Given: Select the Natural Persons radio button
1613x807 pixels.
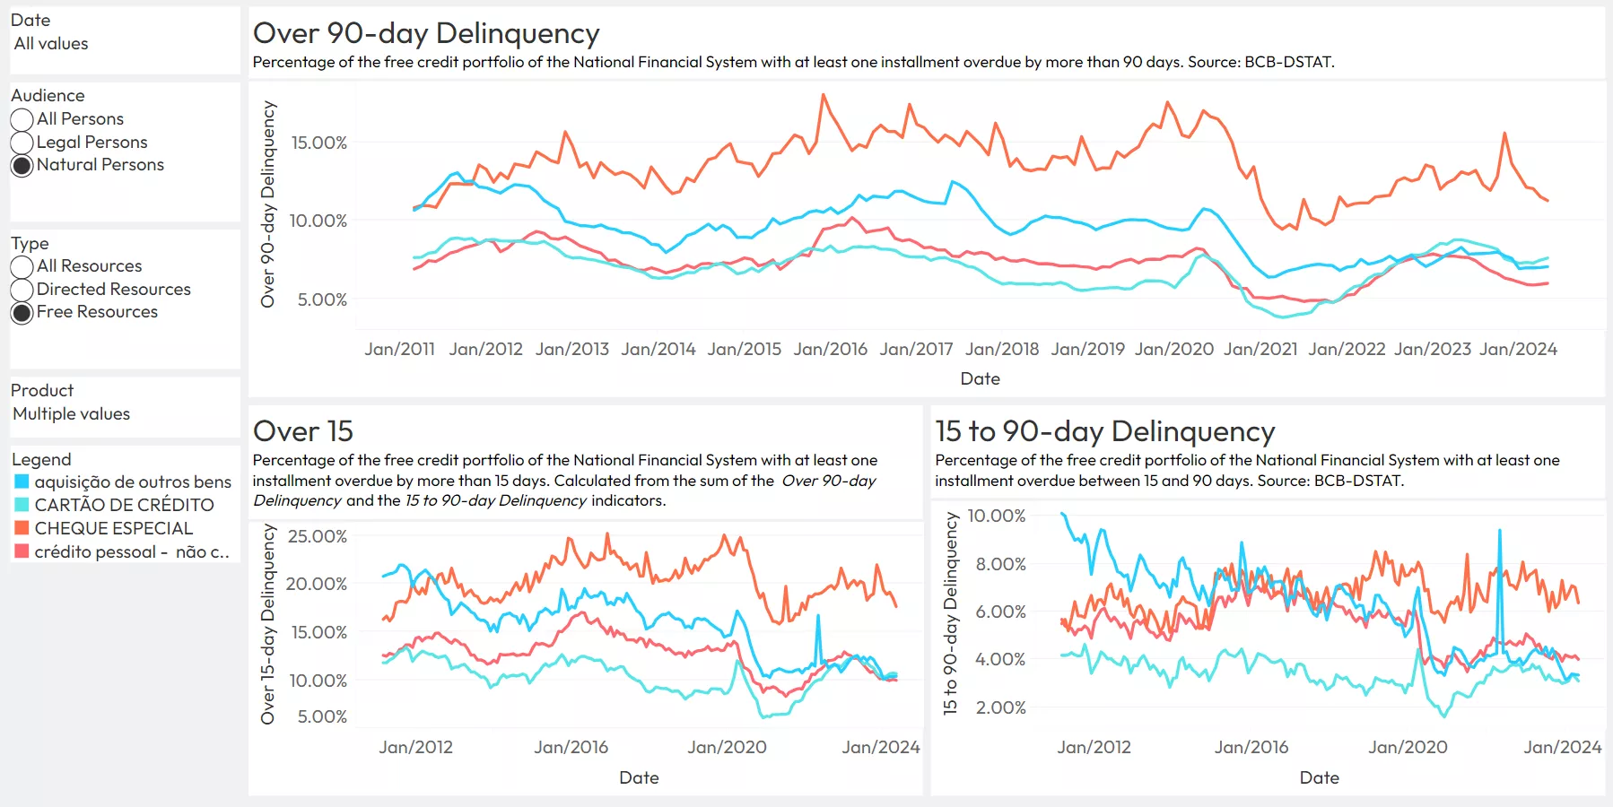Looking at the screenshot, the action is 22,166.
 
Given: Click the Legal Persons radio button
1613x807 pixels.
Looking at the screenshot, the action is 22,143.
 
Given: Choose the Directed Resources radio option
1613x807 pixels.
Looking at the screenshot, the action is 22,290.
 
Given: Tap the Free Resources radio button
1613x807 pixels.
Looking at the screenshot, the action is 22,313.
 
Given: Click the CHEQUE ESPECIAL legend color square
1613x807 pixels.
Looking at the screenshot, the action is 22,528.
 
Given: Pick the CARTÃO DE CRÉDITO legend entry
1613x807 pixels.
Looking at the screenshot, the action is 124,505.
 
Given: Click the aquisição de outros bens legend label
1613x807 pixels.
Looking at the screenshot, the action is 133,482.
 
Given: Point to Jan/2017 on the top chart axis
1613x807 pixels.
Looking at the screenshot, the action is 916,349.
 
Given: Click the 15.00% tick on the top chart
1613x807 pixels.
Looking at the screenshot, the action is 318,143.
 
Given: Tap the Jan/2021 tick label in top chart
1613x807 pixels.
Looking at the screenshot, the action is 1260,349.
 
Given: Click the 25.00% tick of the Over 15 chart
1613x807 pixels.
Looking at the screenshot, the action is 316,536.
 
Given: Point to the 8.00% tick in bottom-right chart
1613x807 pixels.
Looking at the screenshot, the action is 1000,564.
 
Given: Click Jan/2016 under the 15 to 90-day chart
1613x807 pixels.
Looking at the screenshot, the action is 1251,747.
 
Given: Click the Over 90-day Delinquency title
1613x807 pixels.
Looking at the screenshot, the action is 426,33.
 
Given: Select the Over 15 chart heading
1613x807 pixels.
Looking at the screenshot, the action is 303,431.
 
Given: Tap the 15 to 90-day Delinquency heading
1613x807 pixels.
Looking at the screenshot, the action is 1104,431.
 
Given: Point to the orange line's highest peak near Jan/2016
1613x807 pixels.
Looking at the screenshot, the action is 823,95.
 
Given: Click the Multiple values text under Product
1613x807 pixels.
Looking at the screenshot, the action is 72,414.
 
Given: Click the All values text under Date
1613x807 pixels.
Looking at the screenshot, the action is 51,44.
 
